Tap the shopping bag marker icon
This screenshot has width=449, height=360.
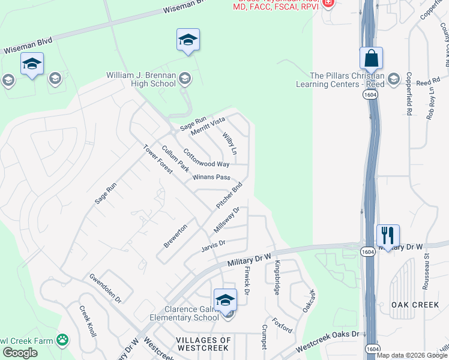372,59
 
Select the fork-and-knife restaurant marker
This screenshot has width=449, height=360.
388,235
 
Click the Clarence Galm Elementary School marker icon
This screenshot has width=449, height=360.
225,299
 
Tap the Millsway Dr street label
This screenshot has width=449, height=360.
226,221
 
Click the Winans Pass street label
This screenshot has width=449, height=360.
212,178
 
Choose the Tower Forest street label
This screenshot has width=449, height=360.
157,159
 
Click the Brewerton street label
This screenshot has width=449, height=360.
175,236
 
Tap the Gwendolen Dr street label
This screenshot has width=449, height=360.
105,288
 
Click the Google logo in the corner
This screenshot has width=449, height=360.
20,353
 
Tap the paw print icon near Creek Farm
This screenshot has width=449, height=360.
62,340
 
